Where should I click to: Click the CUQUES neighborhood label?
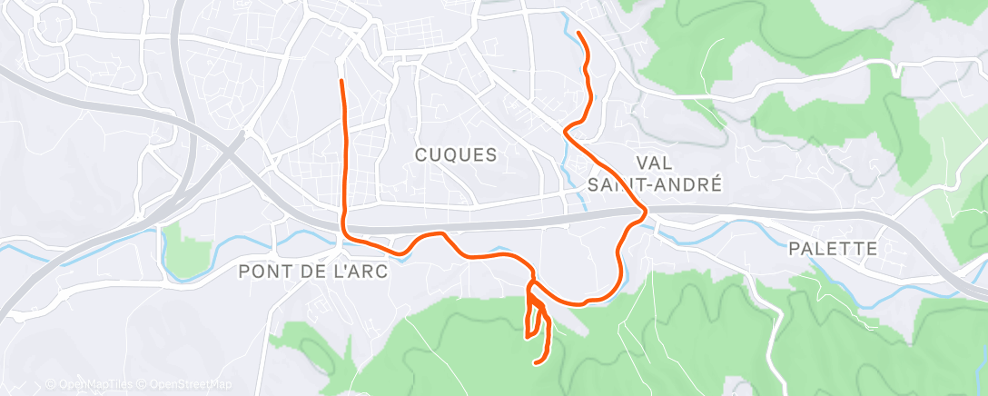[x=456, y=155]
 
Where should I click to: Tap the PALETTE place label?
[x=833, y=249]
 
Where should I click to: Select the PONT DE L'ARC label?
[x=312, y=272]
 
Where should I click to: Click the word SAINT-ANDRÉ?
[x=655, y=184]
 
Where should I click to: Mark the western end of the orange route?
[x=341, y=82]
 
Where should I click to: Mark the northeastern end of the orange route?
[x=578, y=34]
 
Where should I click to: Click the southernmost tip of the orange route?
[x=535, y=363]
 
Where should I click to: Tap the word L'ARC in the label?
[x=361, y=272]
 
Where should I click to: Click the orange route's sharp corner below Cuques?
[x=566, y=133]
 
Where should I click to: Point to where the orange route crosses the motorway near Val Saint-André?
[x=644, y=213]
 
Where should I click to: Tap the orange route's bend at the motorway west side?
[x=343, y=227]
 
